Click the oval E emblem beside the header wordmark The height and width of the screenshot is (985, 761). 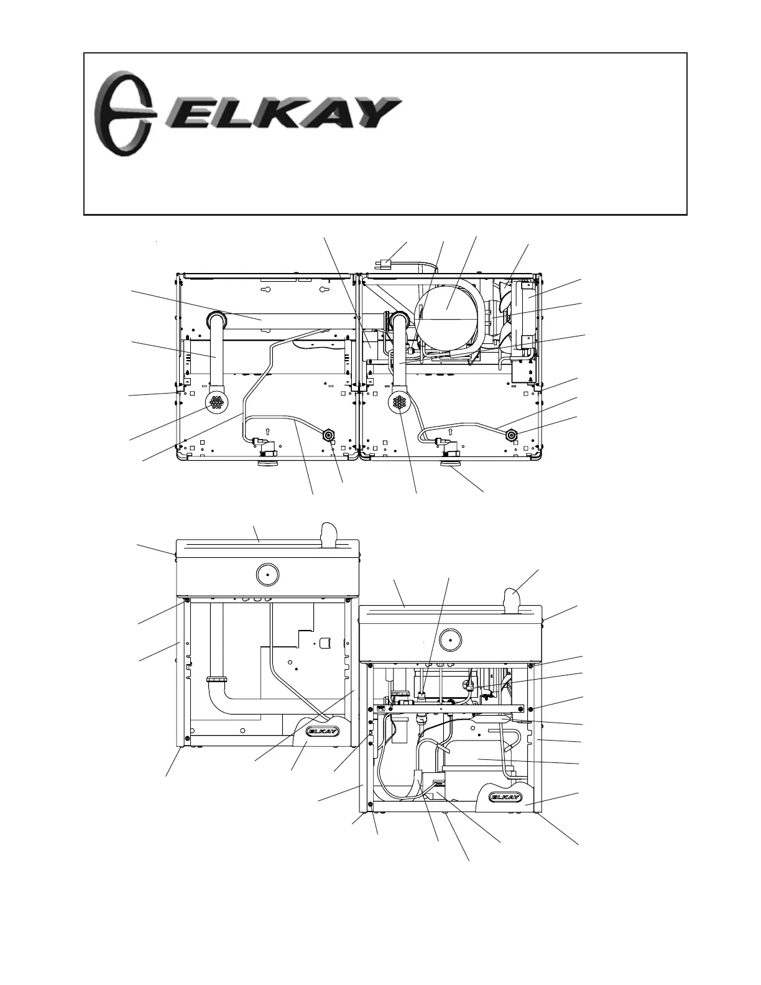tap(123, 114)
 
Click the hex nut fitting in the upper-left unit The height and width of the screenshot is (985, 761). tap(327, 435)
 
